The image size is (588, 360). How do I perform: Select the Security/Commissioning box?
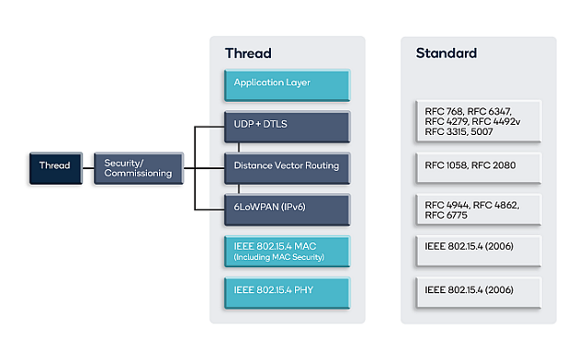pyautogui.click(x=137, y=166)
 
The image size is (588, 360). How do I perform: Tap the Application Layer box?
pyautogui.click(x=287, y=84)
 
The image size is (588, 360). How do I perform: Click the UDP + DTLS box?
pyautogui.click(x=287, y=125)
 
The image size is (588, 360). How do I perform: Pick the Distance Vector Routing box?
pyautogui.click(x=287, y=166)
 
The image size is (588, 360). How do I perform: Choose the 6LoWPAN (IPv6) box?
pyautogui.click(x=287, y=208)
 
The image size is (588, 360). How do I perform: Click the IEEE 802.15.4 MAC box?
pyautogui.click(x=287, y=249)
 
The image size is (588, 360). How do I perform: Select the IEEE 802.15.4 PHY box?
pyautogui.click(x=287, y=290)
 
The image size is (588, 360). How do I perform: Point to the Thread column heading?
pyautogui.click(x=248, y=53)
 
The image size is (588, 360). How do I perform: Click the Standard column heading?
pyautogui.click(x=447, y=53)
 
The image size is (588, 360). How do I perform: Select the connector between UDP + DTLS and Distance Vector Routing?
pyautogui.click(x=239, y=146)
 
